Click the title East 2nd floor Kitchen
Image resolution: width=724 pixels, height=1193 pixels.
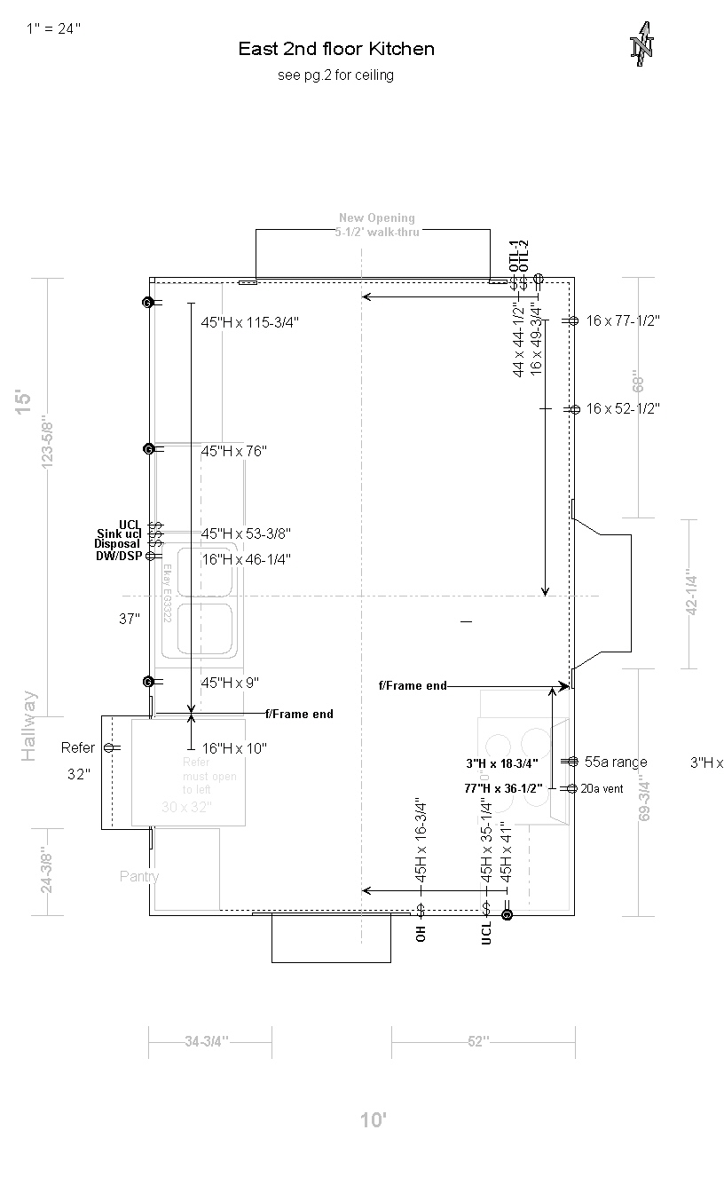coord(336,49)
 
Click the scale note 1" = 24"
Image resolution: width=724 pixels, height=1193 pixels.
coord(53,28)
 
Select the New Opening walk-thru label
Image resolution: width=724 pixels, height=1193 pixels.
coord(377,225)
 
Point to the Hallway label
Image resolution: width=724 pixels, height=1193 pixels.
coord(29,725)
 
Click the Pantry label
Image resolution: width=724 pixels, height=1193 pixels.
coord(139,876)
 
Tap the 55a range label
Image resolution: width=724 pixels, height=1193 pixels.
coord(616,762)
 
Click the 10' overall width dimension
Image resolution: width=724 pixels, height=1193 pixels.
coord(374,1120)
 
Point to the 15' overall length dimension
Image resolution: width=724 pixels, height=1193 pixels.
coord(23,401)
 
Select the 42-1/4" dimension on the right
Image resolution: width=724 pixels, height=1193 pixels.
coord(692,594)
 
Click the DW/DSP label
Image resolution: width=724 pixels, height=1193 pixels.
coord(118,556)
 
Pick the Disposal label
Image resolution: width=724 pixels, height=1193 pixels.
coord(117,544)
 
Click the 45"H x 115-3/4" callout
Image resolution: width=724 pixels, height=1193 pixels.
coord(249,323)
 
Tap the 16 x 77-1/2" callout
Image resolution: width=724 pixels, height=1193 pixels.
coord(623,320)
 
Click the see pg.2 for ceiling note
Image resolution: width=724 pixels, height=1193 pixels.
coord(335,75)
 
